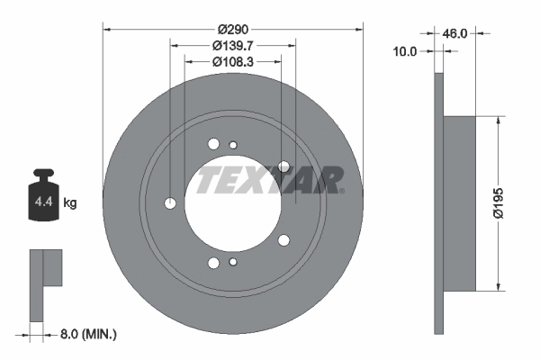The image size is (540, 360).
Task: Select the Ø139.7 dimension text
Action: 233,45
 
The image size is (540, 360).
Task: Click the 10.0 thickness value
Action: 407,51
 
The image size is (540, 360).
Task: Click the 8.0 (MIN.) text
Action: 87,334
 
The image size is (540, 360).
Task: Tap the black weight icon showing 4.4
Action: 42,197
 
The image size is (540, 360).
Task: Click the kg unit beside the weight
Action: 70,203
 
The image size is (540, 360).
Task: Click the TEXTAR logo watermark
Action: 270,179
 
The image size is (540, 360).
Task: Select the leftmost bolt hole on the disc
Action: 171,203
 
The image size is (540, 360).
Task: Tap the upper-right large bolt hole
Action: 284,166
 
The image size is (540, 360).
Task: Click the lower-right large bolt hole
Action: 284,239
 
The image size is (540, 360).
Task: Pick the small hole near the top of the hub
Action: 233,146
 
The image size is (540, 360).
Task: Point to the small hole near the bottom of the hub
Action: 233,262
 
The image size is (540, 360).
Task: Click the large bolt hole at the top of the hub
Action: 214,143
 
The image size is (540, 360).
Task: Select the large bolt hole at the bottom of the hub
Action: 214,263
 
